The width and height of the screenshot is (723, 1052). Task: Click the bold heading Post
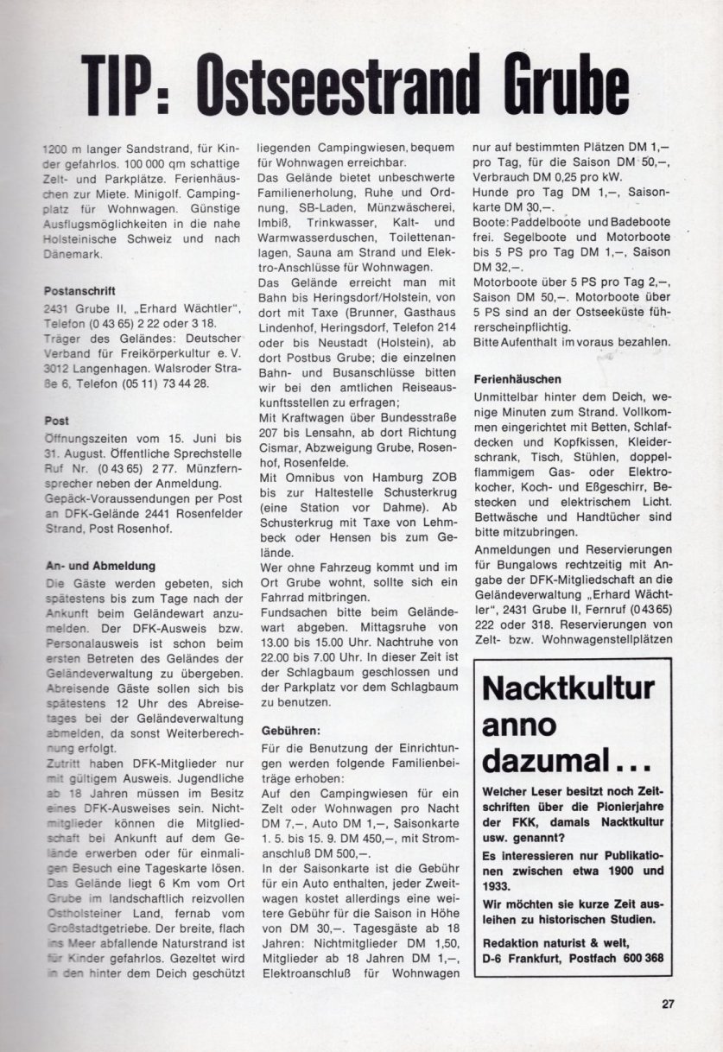(x=56, y=420)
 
